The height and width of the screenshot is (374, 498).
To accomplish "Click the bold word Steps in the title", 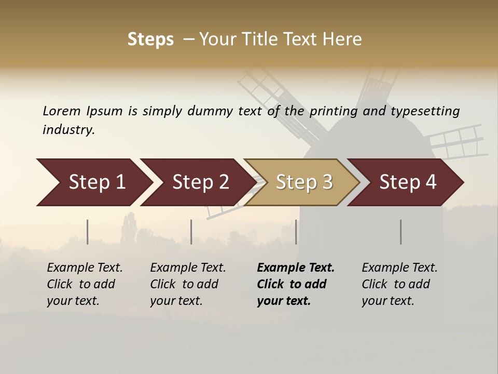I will pyautogui.click(x=150, y=39).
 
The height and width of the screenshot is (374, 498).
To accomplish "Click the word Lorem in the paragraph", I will pyautogui.click(x=61, y=111).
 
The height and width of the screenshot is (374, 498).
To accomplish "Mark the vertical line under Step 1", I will pyautogui.click(x=88, y=232).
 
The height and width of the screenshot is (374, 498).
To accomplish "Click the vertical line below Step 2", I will pyautogui.click(x=191, y=232).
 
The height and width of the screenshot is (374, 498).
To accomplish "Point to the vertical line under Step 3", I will pyautogui.click(x=296, y=232).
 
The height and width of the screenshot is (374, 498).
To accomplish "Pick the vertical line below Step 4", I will pyautogui.click(x=400, y=232).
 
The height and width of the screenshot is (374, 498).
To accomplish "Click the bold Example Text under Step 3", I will pyautogui.click(x=296, y=268).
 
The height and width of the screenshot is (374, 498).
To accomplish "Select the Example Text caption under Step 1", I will pyautogui.click(x=85, y=268).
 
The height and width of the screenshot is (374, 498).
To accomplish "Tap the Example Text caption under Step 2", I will pyautogui.click(x=188, y=268).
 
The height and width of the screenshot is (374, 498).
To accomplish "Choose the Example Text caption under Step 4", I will pyautogui.click(x=399, y=268).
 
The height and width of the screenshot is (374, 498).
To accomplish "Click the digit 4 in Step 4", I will pyautogui.click(x=431, y=182).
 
